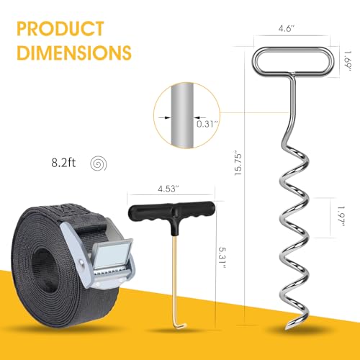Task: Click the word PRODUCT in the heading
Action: [x=60, y=29]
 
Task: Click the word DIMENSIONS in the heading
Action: [x=74, y=53]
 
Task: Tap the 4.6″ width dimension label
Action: [x=287, y=28]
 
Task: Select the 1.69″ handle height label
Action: [x=347, y=60]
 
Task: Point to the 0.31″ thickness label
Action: [x=207, y=124]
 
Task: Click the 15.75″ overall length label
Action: [x=238, y=163]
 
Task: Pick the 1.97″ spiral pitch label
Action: [x=341, y=216]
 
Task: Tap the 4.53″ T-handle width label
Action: [x=168, y=189]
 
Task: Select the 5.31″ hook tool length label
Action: [x=222, y=258]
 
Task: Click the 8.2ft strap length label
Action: [x=63, y=163]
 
